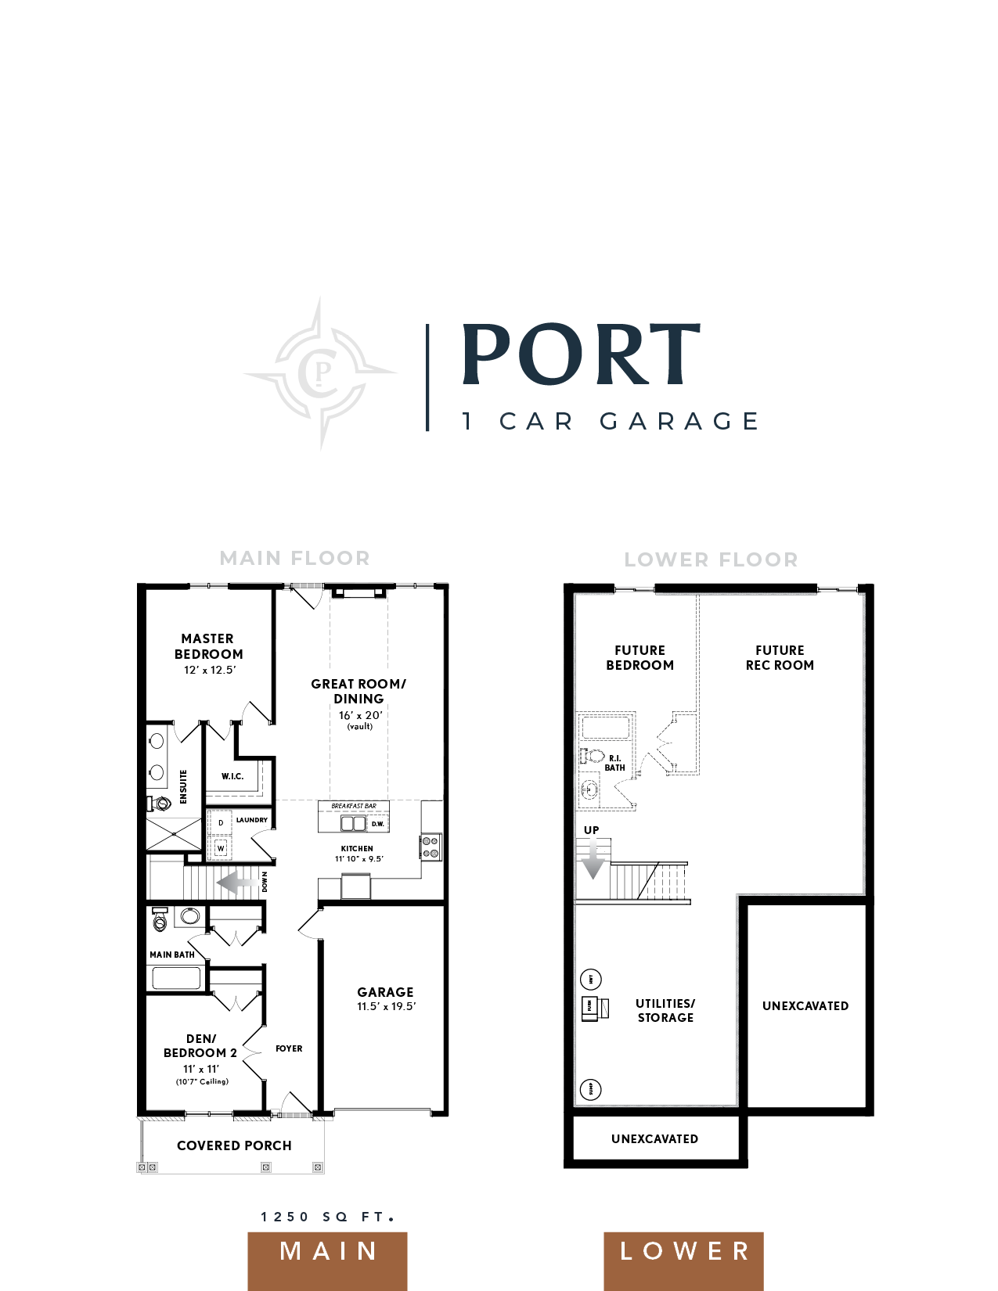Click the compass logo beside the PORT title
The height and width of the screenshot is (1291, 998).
320,372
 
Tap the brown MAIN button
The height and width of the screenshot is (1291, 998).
328,1251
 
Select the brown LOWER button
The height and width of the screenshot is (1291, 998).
683,1251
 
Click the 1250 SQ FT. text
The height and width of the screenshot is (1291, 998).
327,1217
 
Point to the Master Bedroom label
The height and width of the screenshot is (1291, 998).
208,646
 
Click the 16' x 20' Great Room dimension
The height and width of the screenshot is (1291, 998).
360,715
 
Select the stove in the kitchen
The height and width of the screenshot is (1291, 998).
431,847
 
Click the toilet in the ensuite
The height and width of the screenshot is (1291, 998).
160,803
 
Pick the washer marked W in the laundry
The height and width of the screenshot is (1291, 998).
221,848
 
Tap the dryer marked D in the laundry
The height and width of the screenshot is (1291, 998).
221,822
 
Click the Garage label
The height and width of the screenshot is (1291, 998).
385,992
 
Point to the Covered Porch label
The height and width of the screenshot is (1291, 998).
234,1145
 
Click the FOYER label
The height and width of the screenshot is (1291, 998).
289,1048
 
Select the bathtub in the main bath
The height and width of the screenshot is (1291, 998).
176,978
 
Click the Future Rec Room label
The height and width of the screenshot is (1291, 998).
780,657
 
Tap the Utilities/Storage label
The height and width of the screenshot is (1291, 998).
665,1010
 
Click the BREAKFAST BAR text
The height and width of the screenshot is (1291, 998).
354,806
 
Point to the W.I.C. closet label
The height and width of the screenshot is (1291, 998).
232,776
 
